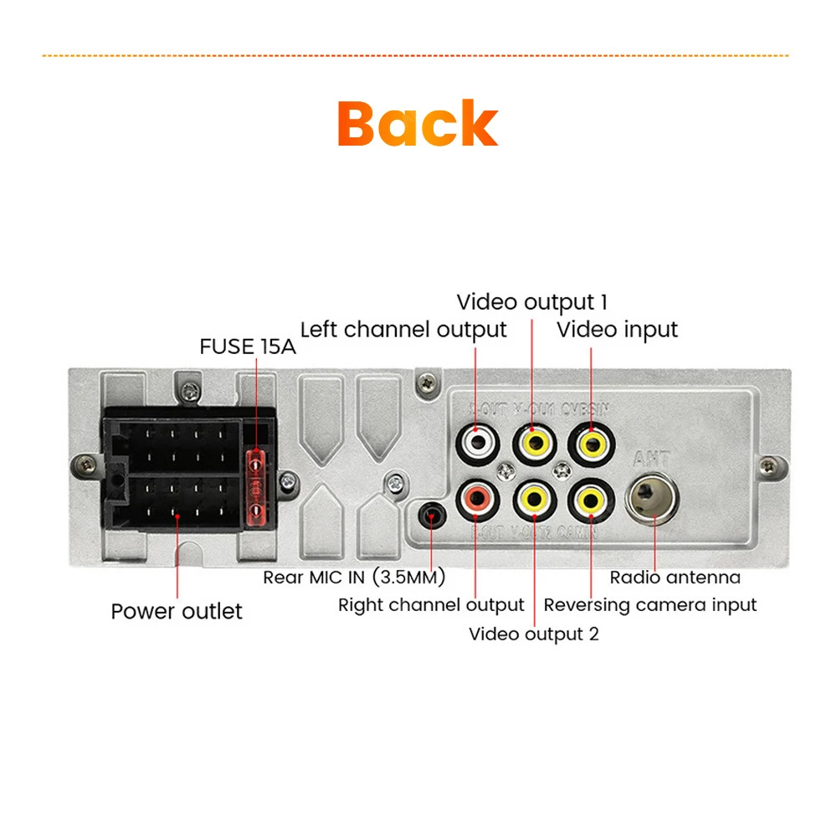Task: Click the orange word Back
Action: pyautogui.click(x=418, y=124)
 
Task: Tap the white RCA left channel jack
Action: pyautogui.click(x=476, y=440)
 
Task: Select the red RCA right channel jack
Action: pyautogui.click(x=476, y=501)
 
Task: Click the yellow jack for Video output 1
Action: pyautogui.click(x=533, y=440)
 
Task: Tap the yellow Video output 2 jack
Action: pyautogui.click(x=533, y=501)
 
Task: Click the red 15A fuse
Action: pyautogui.click(x=256, y=486)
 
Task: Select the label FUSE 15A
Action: pyautogui.click(x=248, y=347)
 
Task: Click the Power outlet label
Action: pyautogui.click(x=177, y=612)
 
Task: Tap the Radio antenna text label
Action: pyautogui.click(x=675, y=578)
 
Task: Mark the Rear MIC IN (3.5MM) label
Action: pyautogui.click(x=354, y=578)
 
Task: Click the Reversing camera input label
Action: pyautogui.click(x=650, y=605)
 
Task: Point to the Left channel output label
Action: pyautogui.click(x=403, y=330)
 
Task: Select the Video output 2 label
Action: pyautogui.click(x=533, y=634)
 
